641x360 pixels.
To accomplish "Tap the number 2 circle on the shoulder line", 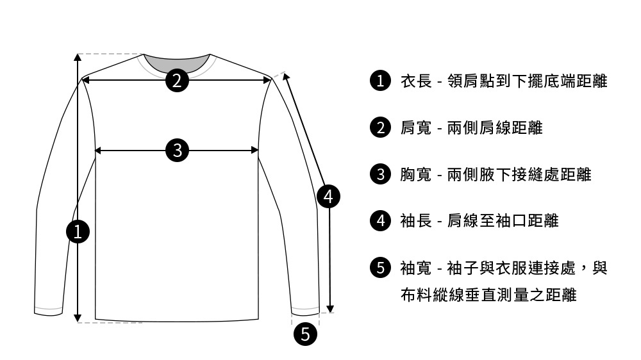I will coord(177,80).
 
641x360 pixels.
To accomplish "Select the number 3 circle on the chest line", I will coord(177,151).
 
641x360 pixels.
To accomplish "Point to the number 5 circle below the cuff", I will coord(305,334).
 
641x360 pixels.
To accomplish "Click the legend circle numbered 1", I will coord(381,81).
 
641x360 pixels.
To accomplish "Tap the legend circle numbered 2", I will coord(381,128).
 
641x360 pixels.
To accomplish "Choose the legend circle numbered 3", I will coord(381,174).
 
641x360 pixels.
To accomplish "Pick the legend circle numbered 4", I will coord(381,221).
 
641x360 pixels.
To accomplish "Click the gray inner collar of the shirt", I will coord(177,62).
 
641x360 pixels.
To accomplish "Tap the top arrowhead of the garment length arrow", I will coord(78,58).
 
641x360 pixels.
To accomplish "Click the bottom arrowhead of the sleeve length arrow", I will coord(331,308).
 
